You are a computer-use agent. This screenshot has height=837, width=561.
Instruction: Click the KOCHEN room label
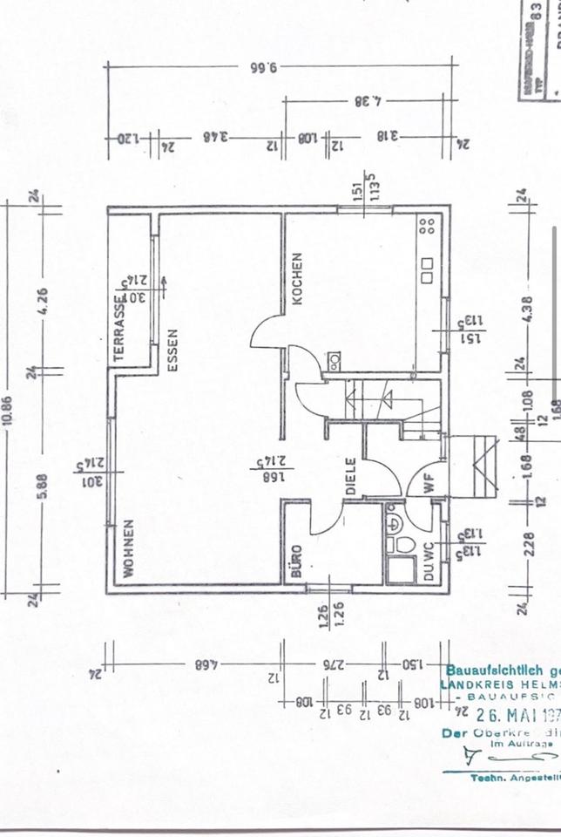point(297,278)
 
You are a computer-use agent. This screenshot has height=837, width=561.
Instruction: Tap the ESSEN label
point(172,350)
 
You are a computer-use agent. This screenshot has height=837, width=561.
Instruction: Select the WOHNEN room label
point(128,549)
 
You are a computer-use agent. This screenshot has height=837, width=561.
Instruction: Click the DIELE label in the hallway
point(351,477)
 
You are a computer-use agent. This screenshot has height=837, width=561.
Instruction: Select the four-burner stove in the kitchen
point(427,228)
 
